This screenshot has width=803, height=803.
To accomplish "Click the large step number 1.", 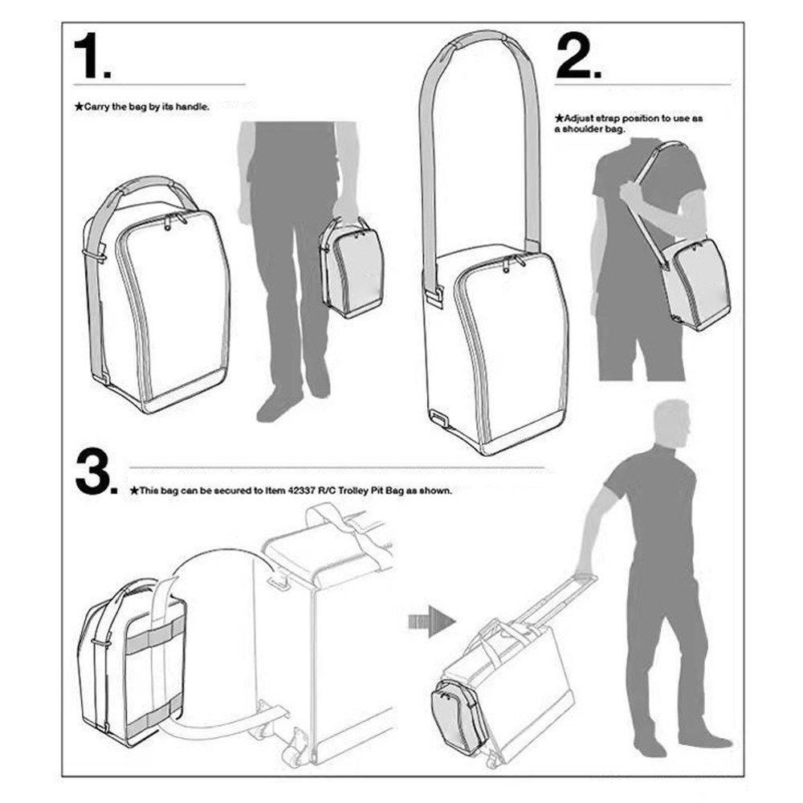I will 90,57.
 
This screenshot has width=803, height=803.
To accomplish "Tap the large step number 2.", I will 576,57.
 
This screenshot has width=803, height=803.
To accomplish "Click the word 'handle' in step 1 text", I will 193,106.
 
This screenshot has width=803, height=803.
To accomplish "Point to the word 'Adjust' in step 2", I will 580,118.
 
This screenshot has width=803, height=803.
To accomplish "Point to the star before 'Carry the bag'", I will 78,106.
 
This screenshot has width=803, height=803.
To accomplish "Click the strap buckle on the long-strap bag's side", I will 434,296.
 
